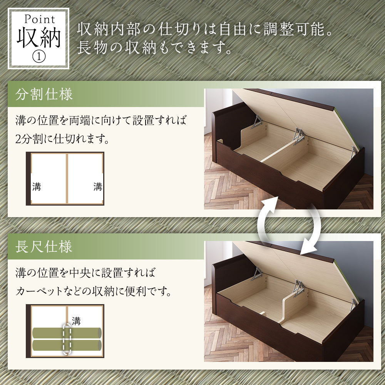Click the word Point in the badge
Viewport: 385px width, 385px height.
tap(40, 19)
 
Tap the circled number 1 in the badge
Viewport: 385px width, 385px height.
tap(39, 57)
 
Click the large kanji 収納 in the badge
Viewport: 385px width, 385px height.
tap(38, 38)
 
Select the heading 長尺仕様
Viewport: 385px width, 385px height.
tap(44, 246)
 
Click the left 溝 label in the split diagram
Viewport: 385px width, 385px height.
tap(37, 187)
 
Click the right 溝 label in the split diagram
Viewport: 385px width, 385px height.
tap(98, 187)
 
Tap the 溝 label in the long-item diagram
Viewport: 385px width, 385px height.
tap(76, 321)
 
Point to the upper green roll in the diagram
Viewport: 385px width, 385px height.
tap(67, 333)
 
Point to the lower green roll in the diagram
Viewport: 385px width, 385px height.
tap(67, 345)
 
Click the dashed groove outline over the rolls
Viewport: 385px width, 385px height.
tap(64, 339)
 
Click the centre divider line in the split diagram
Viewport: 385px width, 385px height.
tap(67, 179)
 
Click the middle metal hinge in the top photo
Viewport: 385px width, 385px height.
tap(299, 136)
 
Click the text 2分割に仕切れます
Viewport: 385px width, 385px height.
tap(62, 139)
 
